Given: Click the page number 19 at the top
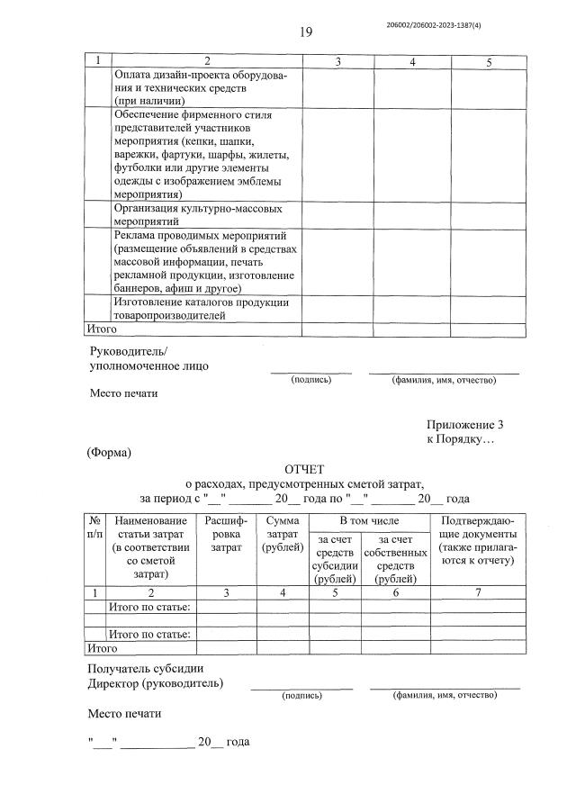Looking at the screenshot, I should [305, 32].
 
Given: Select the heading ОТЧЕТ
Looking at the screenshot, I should [304, 469].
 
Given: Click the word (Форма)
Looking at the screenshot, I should [109, 452].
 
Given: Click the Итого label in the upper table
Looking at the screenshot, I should [101, 329].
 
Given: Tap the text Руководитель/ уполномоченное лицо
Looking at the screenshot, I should [148, 358].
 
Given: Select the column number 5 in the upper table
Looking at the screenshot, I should [488, 61].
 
